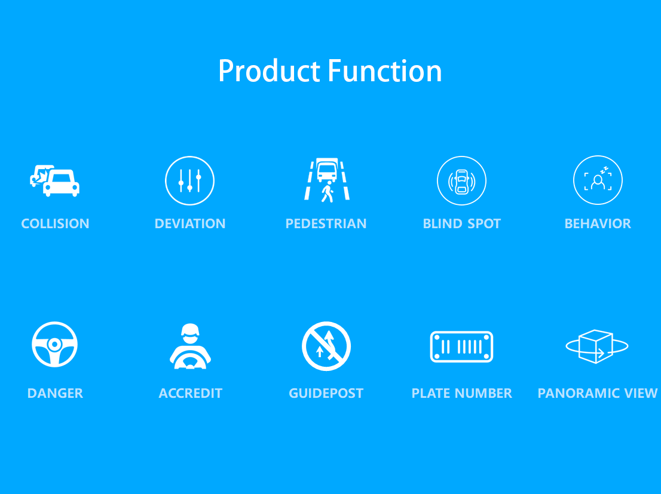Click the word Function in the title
[x=385, y=70]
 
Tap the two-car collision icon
[x=54, y=180]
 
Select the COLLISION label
[x=55, y=223]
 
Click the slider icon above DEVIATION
[x=189, y=180]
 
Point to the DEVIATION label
[x=190, y=223]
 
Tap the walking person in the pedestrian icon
[x=328, y=192]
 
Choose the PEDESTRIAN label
[x=326, y=223]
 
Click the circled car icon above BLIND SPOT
[x=461, y=180]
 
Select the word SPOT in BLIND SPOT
[x=484, y=223]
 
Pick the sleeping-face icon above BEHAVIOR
[x=598, y=180]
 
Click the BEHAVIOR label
[x=598, y=223]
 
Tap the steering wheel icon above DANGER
[x=55, y=345]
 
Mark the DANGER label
[x=55, y=393]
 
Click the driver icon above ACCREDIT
[x=191, y=346]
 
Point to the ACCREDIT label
[x=191, y=393]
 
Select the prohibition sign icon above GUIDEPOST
[x=326, y=346]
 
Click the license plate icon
[x=461, y=346]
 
